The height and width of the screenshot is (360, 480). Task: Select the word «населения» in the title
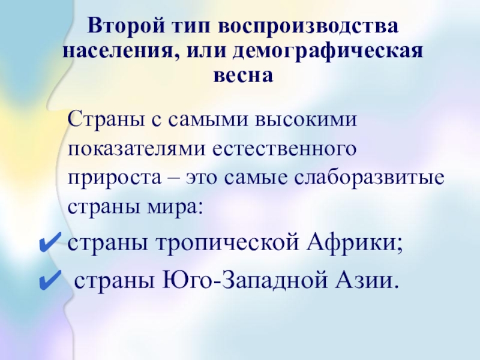point(119,51)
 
